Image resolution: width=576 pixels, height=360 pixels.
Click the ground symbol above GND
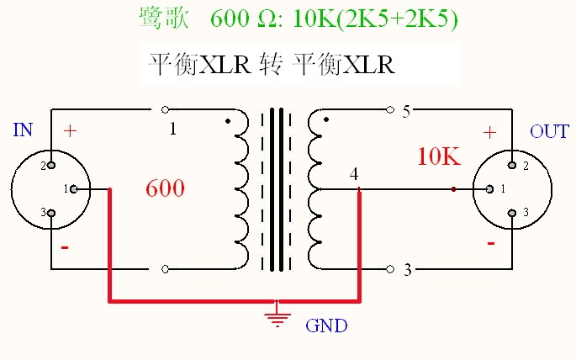(276, 317)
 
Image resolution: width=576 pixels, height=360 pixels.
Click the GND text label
(326, 326)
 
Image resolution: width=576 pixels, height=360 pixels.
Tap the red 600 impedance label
(165, 188)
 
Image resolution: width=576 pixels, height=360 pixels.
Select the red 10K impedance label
(437, 156)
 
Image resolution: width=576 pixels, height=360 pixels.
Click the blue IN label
(24, 130)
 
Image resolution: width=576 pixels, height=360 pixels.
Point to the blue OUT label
(549, 132)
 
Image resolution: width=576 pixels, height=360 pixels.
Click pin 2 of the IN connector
(50, 165)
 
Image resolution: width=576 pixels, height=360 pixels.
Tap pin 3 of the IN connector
(50, 213)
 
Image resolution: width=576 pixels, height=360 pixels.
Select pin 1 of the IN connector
(75, 188)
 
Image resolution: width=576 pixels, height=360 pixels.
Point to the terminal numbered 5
(406, 112)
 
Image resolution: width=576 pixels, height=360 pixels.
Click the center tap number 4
(354, 174)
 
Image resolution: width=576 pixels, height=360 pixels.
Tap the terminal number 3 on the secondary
(408, 270)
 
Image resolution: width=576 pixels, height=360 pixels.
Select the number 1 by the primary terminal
(173, 129)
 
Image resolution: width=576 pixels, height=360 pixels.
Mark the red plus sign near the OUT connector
(489, 132)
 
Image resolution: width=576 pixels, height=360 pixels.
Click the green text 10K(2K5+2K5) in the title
(376, 18)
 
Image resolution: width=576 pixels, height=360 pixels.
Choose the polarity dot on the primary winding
(228, 121)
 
